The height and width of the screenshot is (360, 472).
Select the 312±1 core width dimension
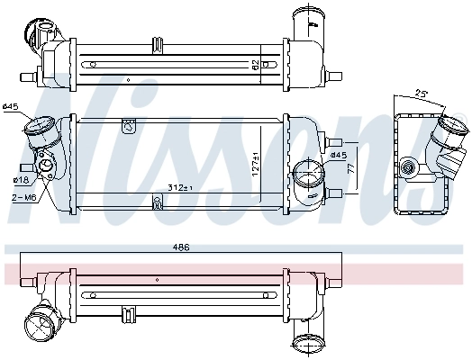(x=180, y=187)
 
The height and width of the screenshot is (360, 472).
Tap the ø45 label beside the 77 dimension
(x=339, y=155)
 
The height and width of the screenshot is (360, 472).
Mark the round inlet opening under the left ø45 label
(x=37, y=130)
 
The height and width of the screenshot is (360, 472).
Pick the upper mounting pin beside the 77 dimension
(x=334, y=141)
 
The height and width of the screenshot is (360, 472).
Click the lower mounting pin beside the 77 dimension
(x=334, y=193)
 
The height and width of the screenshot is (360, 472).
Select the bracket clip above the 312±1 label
(x=158, y=202)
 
